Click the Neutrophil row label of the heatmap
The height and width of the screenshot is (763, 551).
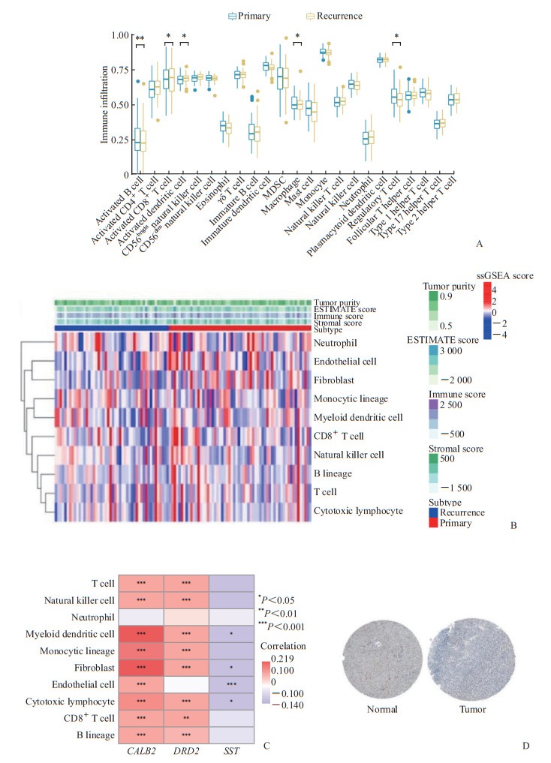(336, 343)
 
